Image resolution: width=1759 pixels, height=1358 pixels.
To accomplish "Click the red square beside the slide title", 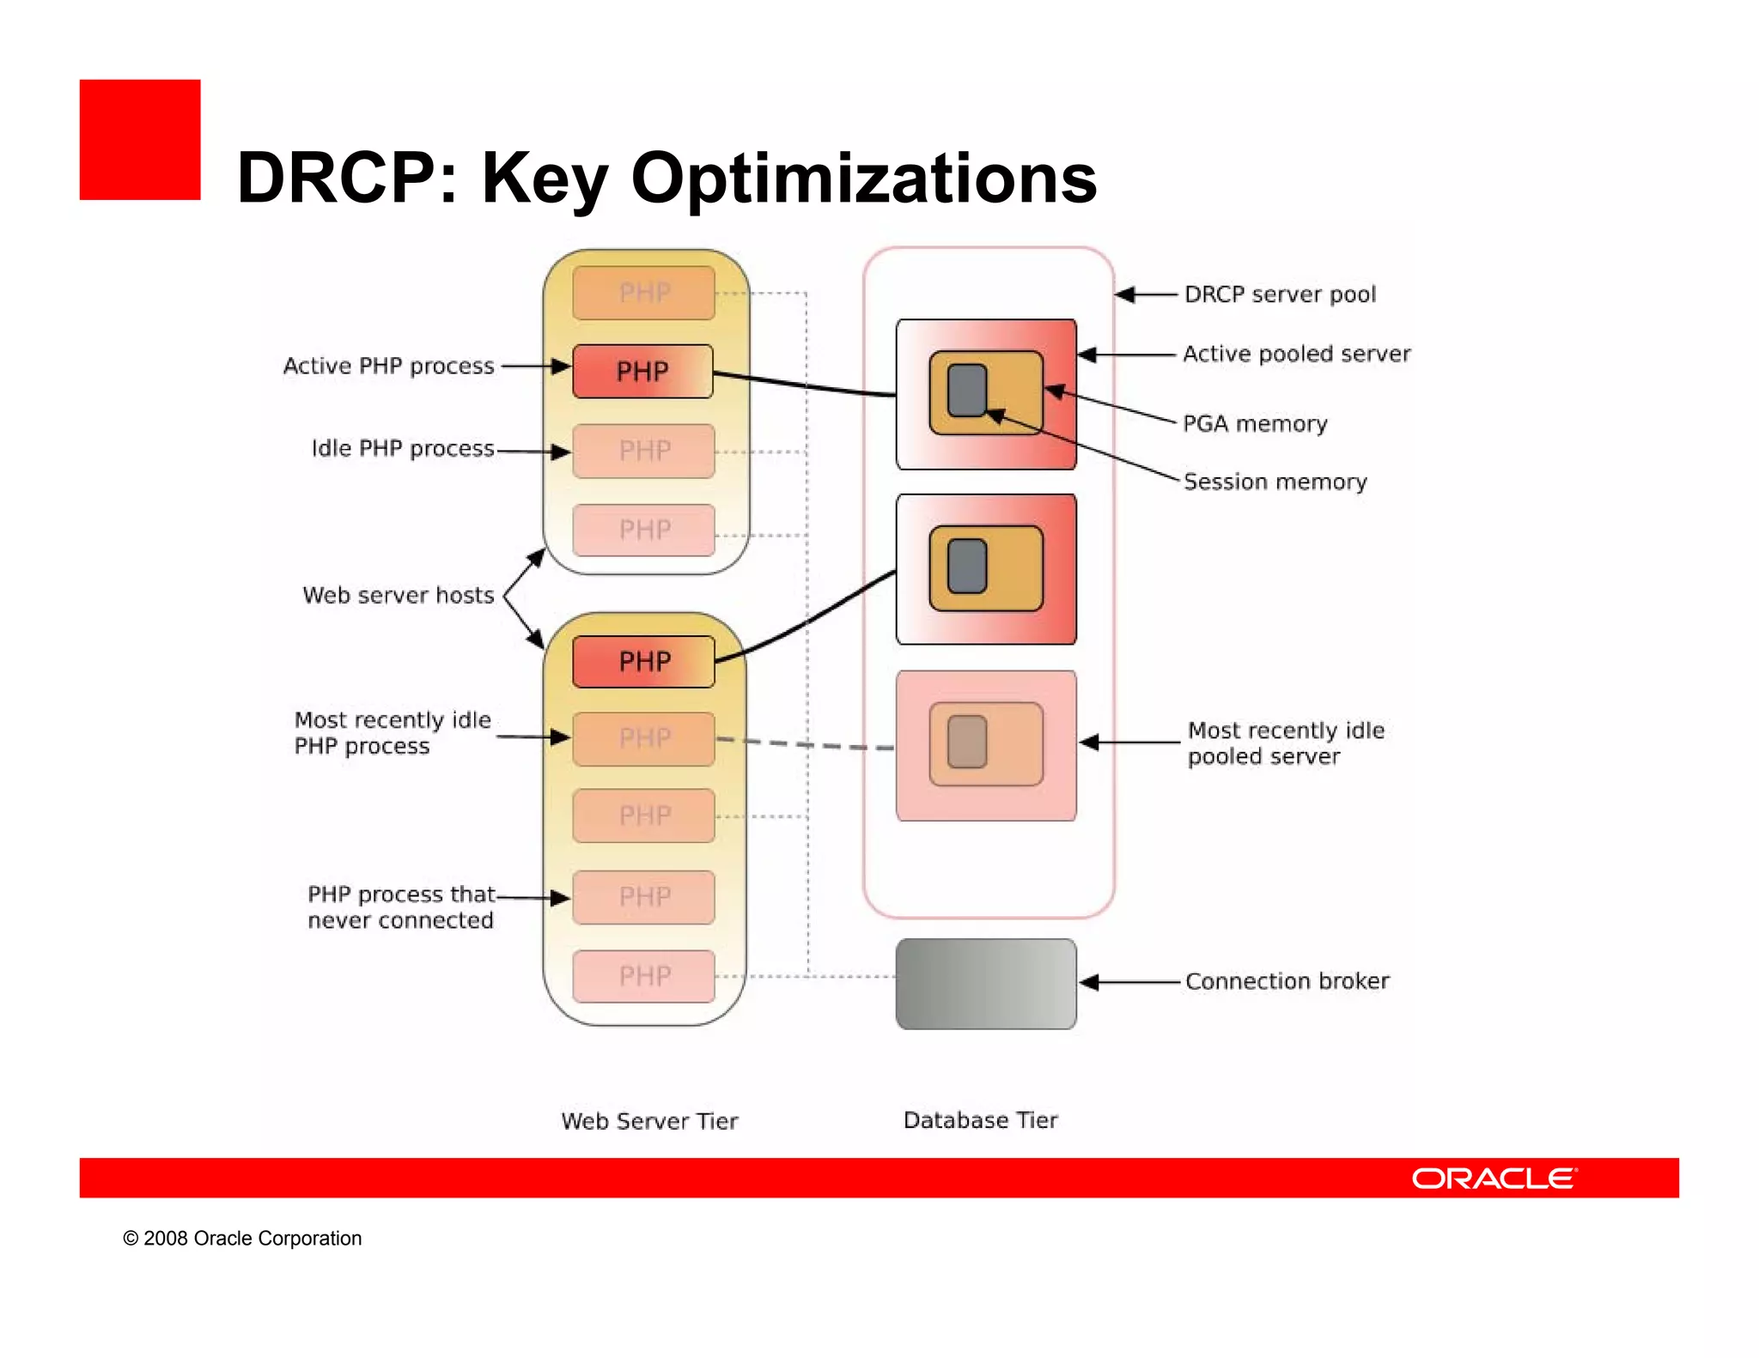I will point(140,140).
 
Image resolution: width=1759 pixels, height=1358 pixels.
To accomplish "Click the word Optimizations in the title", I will point(863,178).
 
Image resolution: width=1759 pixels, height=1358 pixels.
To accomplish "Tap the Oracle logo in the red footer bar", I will point(1494,1178).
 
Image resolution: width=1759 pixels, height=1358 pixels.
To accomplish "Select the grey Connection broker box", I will point(985,984).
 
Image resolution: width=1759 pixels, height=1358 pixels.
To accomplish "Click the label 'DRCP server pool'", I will point(1280,294).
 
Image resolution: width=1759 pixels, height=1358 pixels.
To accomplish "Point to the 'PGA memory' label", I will point(1255,423).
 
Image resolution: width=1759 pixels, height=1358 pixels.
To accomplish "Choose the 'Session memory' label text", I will point(1275,482).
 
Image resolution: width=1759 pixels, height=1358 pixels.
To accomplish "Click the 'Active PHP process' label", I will point(388,367).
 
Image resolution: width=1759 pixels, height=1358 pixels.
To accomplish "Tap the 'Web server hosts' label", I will point(399,595).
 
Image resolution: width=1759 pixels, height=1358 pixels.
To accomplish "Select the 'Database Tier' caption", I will point(980,1120).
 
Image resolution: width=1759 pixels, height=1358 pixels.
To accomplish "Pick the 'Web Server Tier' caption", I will point(649,1121).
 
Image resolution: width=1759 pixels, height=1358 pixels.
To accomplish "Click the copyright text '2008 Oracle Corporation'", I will point(252,1238).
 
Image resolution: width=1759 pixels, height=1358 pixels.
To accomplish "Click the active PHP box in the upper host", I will point(642,372).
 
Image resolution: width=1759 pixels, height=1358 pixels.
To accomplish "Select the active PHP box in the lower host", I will point(644,662).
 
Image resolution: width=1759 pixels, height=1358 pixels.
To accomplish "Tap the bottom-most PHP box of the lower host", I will point(644,976).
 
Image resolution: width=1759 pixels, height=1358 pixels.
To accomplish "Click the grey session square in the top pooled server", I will point(967,390).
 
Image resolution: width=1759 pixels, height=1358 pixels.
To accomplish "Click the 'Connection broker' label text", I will point(1287,981).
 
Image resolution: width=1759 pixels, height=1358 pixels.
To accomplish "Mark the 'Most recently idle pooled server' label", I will point(1285,743).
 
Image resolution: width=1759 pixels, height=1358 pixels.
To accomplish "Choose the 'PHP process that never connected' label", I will point(400,907).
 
